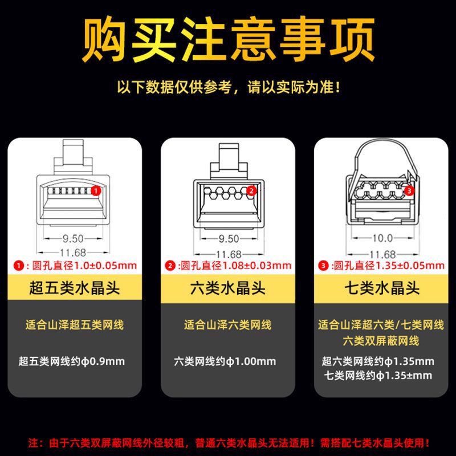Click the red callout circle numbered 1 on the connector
[x=96, y=191]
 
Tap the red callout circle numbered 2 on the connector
[x=251, y=191]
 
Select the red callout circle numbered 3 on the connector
[x=409, y=191]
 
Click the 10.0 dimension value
[x=382, y=238]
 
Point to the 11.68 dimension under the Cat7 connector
[x=382, y=254]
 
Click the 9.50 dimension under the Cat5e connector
[x=73, y=239]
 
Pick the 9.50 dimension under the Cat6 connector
[x=229, y=239]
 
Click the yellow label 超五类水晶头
[x=75, y=288]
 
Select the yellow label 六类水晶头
[x=227, y=288]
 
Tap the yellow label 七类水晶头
[x=382, y=288]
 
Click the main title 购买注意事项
[x=228, y=39]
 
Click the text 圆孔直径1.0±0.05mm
[x=84, y=265]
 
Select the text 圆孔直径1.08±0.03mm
[x=236, y=265]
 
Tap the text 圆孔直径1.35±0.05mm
[x=389, y=265]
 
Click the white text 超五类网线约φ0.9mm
[x=72, y=361]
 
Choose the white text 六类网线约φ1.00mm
[x=225, y=361]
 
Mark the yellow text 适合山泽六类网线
[x=227, y=325]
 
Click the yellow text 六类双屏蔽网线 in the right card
[x=381, y=341]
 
